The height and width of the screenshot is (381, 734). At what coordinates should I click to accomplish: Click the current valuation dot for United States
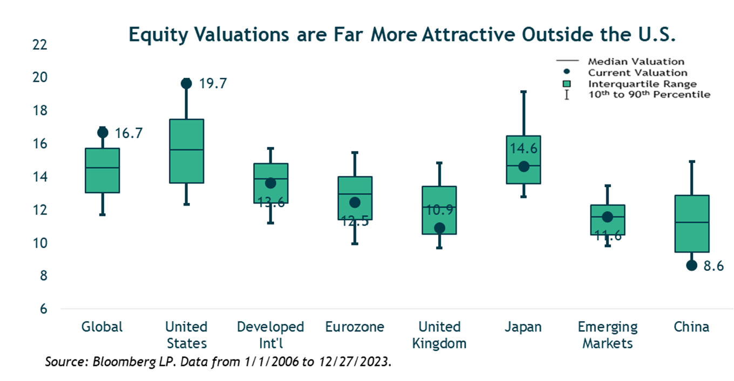coord(186,83)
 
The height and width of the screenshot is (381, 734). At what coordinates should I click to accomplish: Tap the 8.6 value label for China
coord(713,266)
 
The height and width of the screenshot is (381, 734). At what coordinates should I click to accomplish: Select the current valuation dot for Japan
coord(523,167)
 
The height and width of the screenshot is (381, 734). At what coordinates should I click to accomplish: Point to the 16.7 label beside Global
coord(128,133)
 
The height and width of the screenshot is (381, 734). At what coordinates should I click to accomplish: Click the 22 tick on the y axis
coord(40,45)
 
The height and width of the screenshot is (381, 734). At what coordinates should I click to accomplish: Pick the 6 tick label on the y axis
coord(44,309)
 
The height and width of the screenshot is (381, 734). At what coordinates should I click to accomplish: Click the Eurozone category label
coord(355,327)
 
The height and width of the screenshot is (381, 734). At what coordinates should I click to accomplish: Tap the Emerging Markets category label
coord(607,335)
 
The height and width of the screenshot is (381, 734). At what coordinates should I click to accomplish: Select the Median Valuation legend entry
coord(636,62)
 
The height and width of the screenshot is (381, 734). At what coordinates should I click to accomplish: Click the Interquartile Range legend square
coord(567,84)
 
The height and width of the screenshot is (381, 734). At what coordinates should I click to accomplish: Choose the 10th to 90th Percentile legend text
coord(649,95)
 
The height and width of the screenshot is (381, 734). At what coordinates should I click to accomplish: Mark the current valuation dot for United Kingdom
coord(439,228)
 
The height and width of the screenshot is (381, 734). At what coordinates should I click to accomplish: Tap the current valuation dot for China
coord(691,266)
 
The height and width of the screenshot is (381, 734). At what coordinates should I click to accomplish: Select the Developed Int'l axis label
coord(270,335)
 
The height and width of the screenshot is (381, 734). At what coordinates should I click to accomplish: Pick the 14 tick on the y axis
coord(40,177)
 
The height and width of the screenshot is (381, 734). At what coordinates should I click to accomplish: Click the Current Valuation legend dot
coord(567,73)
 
